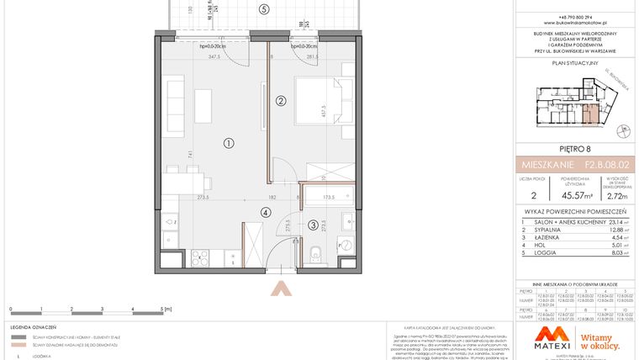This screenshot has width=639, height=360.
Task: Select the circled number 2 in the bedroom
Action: [x=281, y=101]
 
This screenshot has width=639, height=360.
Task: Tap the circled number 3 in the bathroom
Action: [x=311, y=225]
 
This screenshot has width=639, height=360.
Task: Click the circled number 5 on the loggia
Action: [x=264, y=10]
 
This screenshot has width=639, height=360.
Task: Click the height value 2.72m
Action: [x=596, y=196]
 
